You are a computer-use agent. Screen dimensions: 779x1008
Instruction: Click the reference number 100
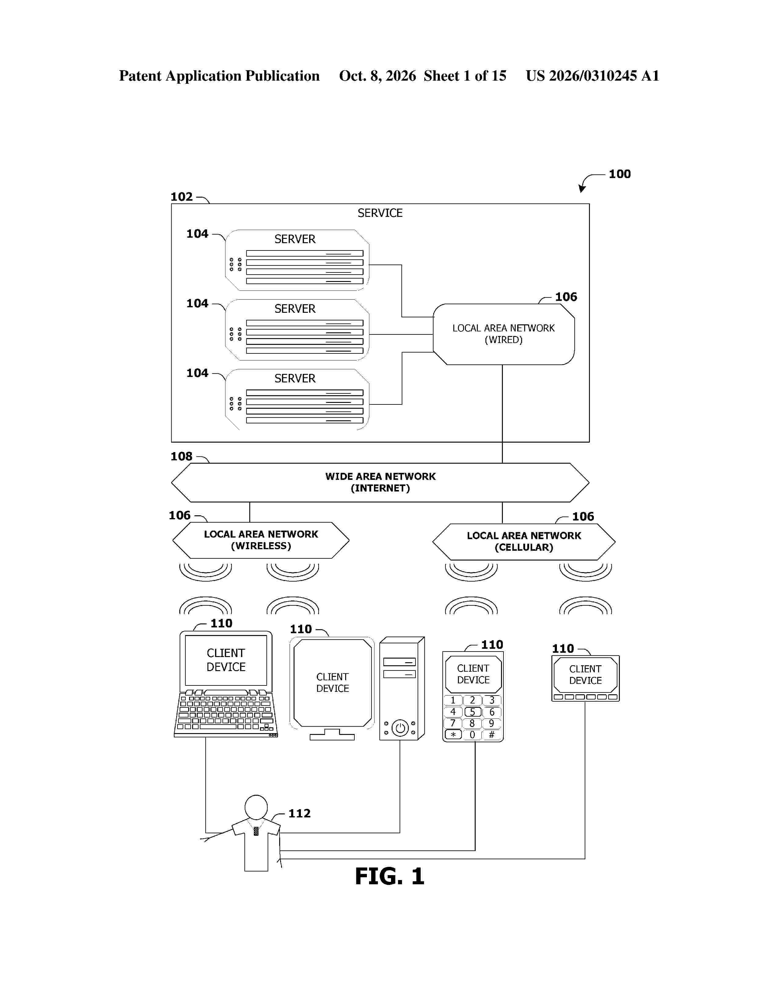click(619, 174)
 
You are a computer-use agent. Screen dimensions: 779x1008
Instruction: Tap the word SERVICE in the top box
click(380, 213)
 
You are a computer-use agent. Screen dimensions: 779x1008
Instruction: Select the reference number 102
click(181, 197)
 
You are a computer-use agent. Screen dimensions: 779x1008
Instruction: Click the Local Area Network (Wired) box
click(503, 334)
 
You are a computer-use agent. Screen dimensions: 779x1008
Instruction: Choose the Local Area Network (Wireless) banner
click(261, 540)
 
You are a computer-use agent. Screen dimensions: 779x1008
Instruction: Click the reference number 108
click(181, 456)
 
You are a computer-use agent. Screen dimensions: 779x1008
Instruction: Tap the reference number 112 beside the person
click(299, 813)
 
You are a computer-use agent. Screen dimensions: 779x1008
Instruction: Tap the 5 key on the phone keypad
click(473, 712)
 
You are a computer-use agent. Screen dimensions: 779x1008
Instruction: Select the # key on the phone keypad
click(492, 735)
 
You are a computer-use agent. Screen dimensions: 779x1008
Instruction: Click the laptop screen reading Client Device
click(226, 660)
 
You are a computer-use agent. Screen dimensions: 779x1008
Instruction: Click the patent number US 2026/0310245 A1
click(593, 76)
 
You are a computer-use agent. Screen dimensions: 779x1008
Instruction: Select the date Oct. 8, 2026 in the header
click(378, 76)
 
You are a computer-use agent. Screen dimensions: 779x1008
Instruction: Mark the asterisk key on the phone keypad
click(453, 735)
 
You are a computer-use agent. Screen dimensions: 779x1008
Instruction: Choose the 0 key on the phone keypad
click(473, 735)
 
